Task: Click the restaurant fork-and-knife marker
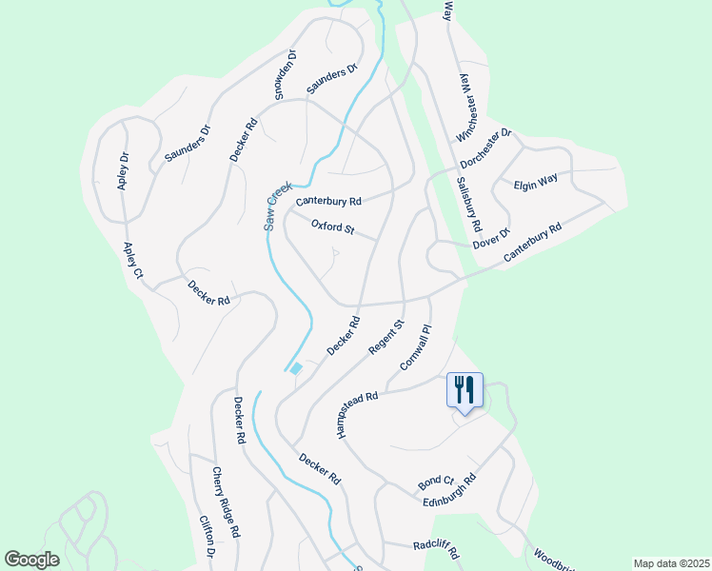tap(465, 389)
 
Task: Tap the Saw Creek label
tap(276, 207)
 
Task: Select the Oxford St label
tap(332, 228)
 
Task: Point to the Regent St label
tap(386, 339)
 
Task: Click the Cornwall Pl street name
tap(417, 348)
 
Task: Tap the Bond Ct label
tap(435, 483)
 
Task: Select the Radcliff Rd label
tap(437, 549)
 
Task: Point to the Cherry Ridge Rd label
tap(227, 502)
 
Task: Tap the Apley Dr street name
tap(123, 171)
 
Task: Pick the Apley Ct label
tap(132, 261)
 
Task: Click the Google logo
tap(31, 560)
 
